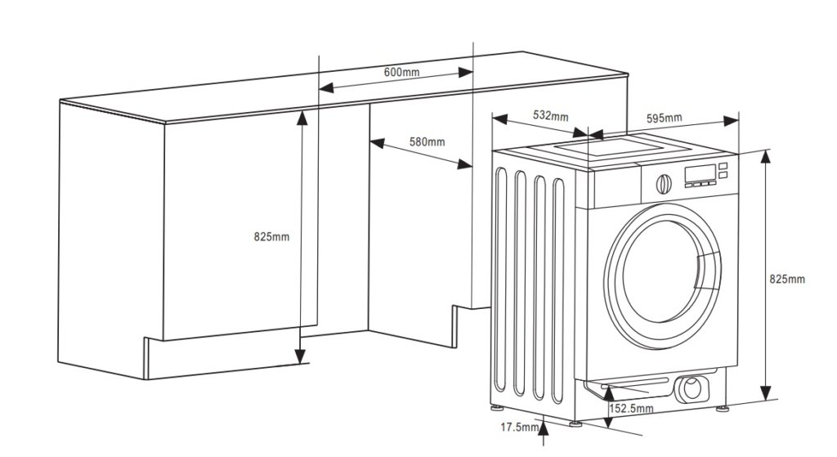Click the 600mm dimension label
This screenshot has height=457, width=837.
coord(401,72)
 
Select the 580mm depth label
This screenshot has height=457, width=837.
coord(427,142)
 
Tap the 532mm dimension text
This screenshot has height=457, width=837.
coord(550,115)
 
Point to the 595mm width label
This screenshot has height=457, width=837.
coord(664,119)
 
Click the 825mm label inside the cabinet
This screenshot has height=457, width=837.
coord(271,236)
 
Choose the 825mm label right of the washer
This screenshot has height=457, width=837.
coord(787,280)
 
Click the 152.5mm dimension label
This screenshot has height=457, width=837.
coord(631,409)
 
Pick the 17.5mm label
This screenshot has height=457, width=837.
coord(519,427)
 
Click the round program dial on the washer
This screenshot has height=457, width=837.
coord(664,184)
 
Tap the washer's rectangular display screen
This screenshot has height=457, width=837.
coord(700,173)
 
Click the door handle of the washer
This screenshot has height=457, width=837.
coord(709,271)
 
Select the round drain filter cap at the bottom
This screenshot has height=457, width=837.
coord(692,388)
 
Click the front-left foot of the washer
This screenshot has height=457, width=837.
coord(575,423)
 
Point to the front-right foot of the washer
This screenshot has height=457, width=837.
coord(723,410)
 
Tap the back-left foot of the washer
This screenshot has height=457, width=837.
coord(497,407)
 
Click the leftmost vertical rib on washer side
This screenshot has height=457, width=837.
coord(500,280)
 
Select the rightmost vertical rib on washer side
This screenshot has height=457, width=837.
coord(558,291)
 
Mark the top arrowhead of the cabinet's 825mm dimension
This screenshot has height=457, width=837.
coord(302,118)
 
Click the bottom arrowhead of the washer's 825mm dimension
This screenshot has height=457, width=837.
coord(766,393)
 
